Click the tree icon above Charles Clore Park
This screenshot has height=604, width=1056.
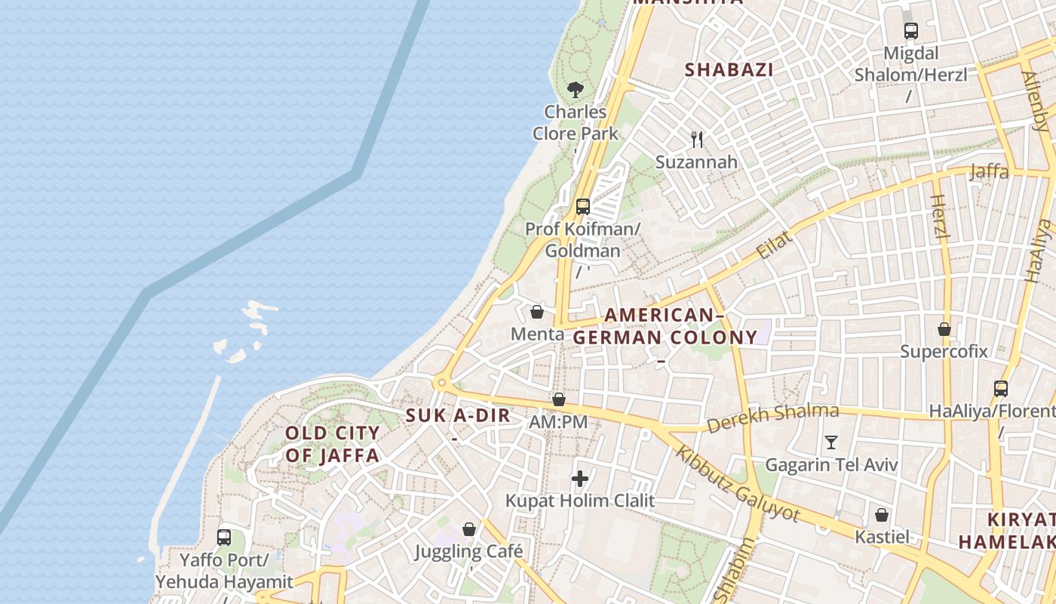coord(576,90)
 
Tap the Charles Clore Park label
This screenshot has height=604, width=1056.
coord(576,122)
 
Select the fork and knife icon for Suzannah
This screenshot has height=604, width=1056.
coord(697,139)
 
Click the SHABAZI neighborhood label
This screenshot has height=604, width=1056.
coord(729,70)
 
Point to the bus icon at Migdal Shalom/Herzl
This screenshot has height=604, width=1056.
coord(911,31)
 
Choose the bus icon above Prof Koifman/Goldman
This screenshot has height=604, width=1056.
coord(582,206)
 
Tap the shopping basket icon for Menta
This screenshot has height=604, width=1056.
coord(537,311)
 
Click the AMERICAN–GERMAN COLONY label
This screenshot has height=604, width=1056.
coord(665,326)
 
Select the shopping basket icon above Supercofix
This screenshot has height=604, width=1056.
coord(944,329)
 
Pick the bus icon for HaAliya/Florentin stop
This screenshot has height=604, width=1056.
coord(1001,389)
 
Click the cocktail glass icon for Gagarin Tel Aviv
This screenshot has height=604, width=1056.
coord(831,442)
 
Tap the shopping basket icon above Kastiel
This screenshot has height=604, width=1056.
coord(882,515)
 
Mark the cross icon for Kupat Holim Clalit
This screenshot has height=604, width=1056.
coord(580,478)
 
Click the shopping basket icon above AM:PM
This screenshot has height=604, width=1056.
coord(559,399)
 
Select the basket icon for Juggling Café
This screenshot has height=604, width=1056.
coord(469,528)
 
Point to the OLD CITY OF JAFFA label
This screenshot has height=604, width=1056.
coord(332,444)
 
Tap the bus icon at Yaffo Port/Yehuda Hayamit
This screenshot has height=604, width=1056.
coord(224,538)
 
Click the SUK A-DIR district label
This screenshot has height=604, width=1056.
coord(458,415)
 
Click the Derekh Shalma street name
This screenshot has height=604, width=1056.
coord(772,418)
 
